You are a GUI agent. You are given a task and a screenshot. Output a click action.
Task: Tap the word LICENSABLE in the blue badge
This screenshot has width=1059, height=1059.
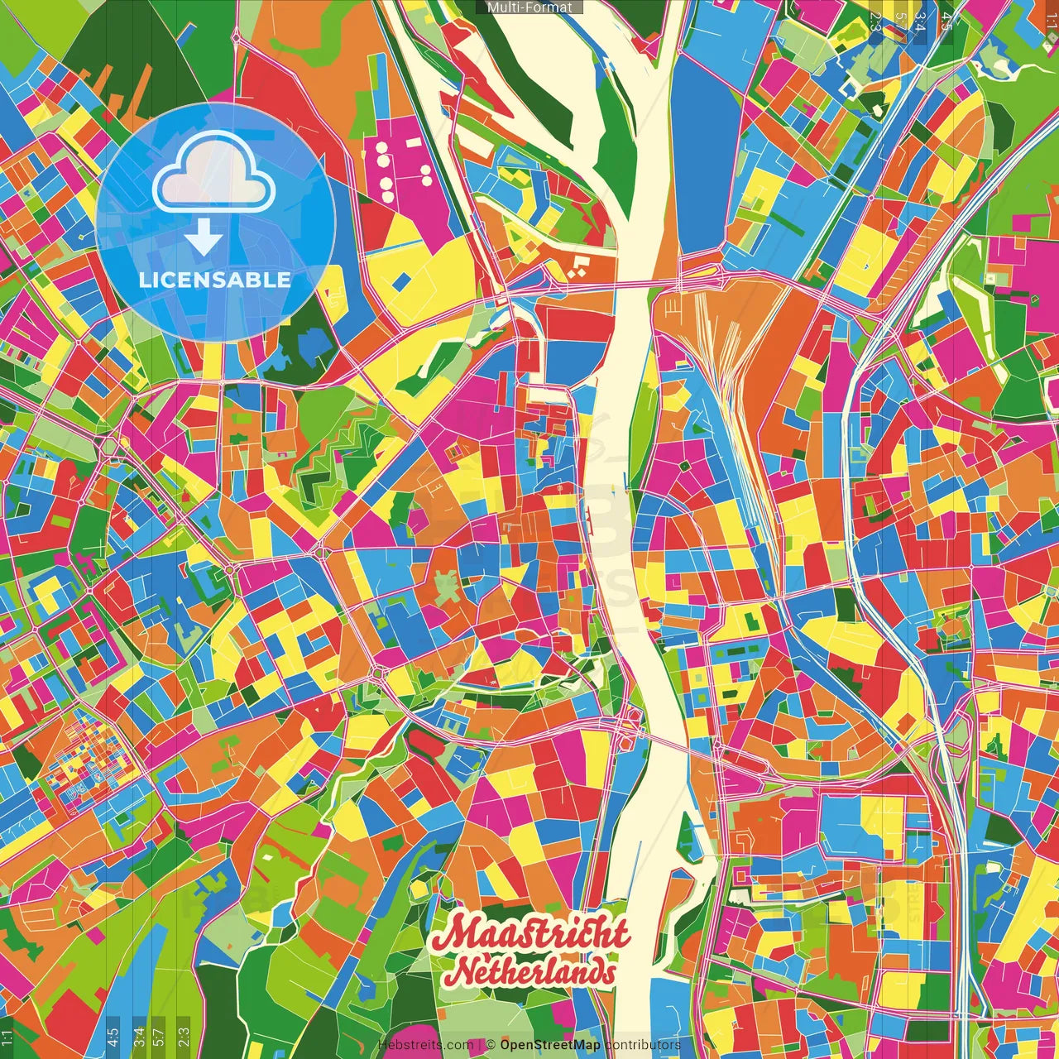pyautogui.click(x=215, y=280)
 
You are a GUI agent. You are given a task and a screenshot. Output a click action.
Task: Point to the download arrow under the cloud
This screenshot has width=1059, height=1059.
pyautogui.click(x=204, y=238)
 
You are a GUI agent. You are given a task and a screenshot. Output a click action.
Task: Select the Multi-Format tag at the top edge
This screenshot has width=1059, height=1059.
pyautogui.click(x=529, y=7)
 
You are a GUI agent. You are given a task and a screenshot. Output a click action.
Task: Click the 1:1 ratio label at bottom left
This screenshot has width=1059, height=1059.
pyautogui.click(x=7, y=1037)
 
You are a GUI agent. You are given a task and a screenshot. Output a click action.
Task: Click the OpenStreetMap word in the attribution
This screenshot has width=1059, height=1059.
pyautogui.click(x=549, y=1045)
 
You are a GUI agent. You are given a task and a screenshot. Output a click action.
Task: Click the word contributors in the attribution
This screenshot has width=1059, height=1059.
pyautogui.click(x=643, y=1045)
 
